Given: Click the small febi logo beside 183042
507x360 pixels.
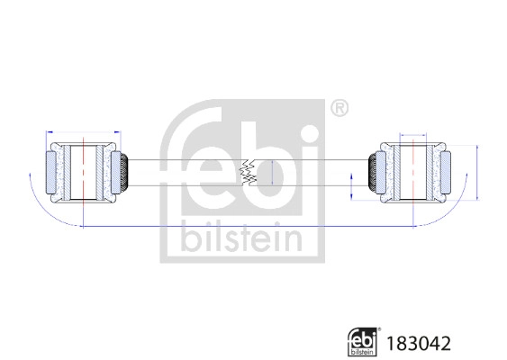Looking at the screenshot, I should click(366, 341).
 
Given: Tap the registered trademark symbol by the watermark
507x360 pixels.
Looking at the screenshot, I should click(339, 110).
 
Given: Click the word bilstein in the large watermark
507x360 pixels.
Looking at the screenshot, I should click(241, 237).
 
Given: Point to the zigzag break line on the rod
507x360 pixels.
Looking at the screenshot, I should click(247, 172).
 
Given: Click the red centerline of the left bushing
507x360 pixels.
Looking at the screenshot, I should click(84, 171).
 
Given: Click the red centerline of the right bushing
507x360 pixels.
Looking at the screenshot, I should click(413, 171).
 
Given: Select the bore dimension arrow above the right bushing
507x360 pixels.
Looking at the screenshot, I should click(413, 135).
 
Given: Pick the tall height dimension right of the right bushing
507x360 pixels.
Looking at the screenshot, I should click(476, 171).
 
